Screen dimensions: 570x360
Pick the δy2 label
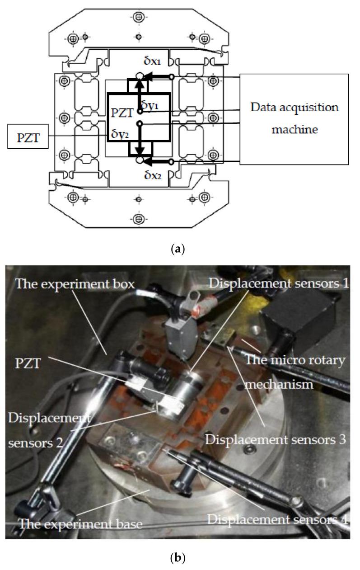[x=121, y=134]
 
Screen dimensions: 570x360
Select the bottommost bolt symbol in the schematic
[x=139, y=219]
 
